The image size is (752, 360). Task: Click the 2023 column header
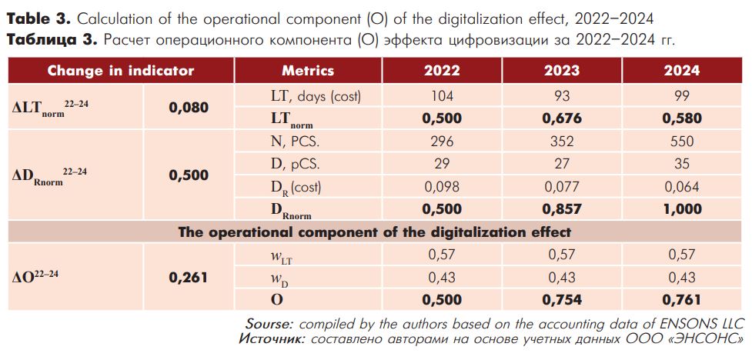pos(562,71)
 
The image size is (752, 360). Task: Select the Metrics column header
pos(308,71)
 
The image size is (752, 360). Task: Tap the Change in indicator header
pos(121,71)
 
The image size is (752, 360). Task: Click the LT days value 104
pos(442,96)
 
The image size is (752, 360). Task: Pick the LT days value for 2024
pos(681,96)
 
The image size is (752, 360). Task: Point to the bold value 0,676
pos(562,118)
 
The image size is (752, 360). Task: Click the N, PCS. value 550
pos(681,142)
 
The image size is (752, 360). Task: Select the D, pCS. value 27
pos(562,164)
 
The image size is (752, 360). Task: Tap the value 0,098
pos(442,186)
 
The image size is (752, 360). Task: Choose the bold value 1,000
pos(681,208)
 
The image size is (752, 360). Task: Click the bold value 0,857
pos(562,208)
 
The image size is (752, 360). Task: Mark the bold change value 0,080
pos(189,108)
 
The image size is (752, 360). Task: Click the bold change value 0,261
pos(189,277)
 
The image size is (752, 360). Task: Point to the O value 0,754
pos(562,299)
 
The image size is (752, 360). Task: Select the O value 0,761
pos(681,299)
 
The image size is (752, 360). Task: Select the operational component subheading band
pos(376,232)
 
